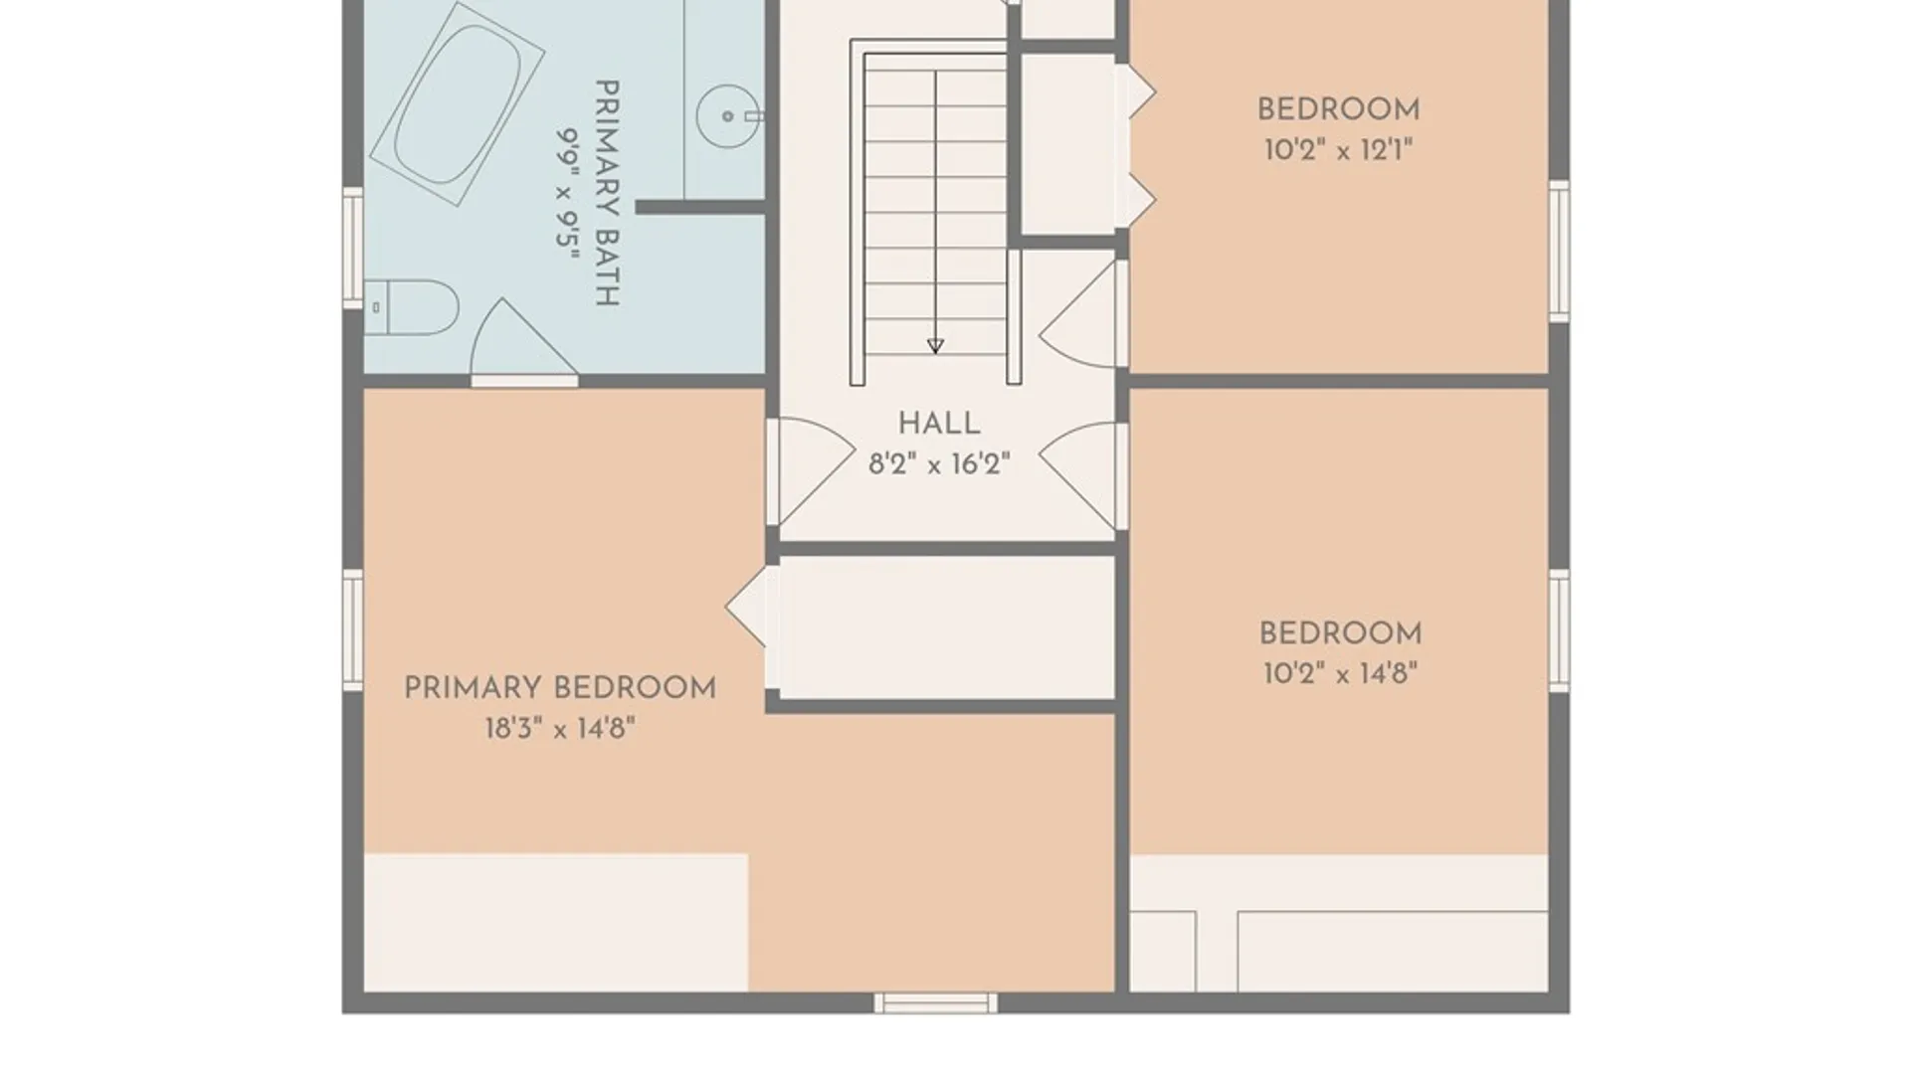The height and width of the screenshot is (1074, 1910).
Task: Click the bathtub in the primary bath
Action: [457, 104]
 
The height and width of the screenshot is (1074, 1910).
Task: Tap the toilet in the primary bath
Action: [411, 307]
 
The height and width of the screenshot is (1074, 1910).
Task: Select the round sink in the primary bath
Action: [728, 116]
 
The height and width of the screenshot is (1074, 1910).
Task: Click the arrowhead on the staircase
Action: [935, 346]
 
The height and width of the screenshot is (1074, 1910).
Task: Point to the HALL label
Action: [939, 424]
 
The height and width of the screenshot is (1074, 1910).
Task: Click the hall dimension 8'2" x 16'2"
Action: [939, 463]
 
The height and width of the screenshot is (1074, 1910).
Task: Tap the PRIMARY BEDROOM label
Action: [560, 688]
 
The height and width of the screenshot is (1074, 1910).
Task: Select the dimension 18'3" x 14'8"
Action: [560, 729]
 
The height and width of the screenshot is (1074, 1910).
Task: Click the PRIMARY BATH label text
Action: [607, 193]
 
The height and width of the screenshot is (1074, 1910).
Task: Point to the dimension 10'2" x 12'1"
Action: [1338, 150]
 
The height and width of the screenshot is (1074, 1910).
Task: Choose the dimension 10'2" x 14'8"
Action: [1340, 673]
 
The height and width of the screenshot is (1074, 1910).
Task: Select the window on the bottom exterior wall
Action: [935, 1002]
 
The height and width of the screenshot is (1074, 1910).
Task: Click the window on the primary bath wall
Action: [353, 246]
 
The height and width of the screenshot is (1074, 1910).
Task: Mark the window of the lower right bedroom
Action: [1559, 630]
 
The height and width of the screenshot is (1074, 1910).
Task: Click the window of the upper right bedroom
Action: [1559, 251]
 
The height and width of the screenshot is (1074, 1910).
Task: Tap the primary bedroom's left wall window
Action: [353, 630]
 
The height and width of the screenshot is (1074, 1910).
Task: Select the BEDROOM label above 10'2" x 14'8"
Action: [1340, 633]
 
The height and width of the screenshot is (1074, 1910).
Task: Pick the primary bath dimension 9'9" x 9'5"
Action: [567, 194]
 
